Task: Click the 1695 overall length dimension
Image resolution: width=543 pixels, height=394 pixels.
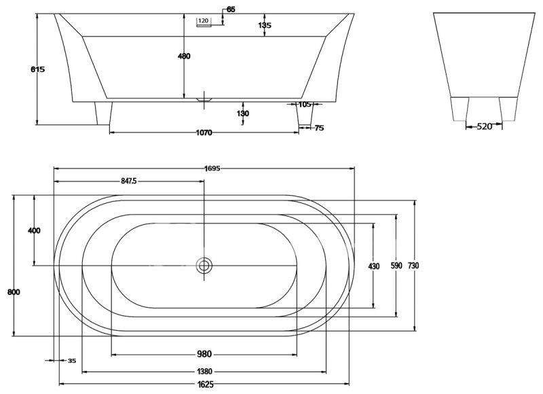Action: (x=212, y=168)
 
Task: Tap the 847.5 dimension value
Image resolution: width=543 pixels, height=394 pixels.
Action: (x=129, y=181)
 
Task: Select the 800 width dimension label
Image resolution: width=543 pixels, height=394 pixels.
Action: (x=14, y=292)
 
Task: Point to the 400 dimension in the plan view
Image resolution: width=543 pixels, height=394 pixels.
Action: (x=34, y=230)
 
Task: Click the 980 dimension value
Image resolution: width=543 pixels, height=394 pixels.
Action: (x=204, y=354)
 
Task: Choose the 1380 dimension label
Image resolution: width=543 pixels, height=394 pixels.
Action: (x=204, y=372)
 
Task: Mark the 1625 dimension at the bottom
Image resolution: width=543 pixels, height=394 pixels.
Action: (x=205, y=384)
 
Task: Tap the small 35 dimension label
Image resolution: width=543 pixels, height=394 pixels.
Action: (x=72, y=361)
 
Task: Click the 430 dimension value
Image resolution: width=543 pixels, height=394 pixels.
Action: (x=374, y=266)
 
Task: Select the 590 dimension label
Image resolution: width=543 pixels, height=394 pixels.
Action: (x=396, y=266)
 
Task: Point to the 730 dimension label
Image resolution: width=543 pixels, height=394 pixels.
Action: (x=413, y=266)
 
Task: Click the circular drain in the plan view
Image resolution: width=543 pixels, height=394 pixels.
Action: (x=204, y=266)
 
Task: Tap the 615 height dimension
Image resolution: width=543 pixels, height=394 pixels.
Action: (x=38, y=69)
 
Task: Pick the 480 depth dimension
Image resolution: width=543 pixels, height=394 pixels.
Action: (x=184, y=56)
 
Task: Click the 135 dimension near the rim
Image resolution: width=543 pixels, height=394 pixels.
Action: (x=265, y=25)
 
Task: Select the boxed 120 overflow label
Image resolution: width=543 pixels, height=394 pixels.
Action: (x=204, y=21)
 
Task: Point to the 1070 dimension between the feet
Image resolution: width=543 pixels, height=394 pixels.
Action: (x=204, y=132)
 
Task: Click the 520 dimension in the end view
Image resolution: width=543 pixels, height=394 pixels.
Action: (x=485, y=127)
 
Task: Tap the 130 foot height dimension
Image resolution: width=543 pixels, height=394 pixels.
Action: (x=243, y=113)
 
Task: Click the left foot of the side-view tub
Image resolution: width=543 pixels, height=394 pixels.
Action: (x=103, y=113)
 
